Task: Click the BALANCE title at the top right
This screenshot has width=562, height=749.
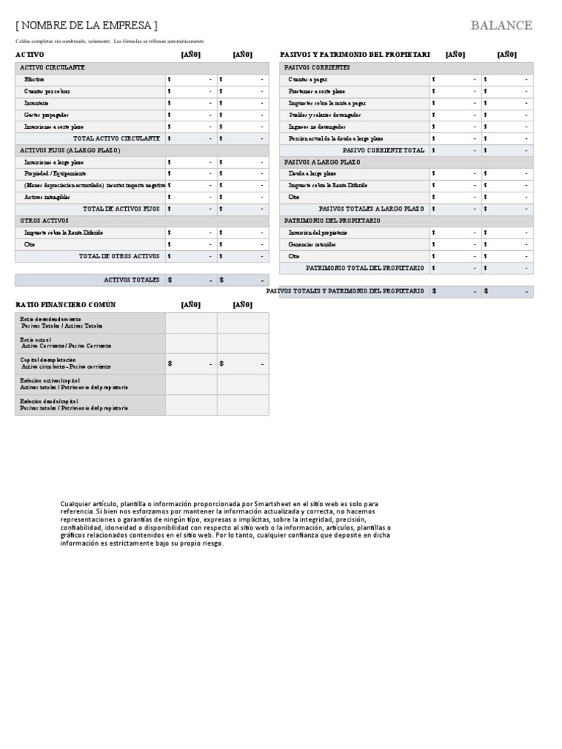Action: pos(501,26)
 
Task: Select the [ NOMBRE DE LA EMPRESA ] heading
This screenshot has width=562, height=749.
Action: pos(86,26)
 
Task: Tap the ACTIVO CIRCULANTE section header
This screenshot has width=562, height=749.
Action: pos(52,67)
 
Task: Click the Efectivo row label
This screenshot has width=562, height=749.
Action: pos(34,79)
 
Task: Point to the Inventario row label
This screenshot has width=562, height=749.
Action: pos(37,103)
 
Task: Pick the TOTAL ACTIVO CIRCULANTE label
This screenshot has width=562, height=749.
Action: pos(116,138)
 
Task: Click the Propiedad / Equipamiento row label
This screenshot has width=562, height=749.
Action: pos(55,173)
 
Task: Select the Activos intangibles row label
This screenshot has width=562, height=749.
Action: pos(48,197)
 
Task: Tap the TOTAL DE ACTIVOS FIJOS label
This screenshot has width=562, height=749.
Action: pos(121,208)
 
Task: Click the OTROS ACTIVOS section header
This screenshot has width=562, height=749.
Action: pos(44,220)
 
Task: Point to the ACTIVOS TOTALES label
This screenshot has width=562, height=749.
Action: pos(132,279)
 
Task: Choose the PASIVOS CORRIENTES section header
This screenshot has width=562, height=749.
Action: pos(317,67)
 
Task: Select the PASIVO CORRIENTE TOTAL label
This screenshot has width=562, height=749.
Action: pos(383,150)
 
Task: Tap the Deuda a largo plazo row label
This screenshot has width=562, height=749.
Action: pos(312,173)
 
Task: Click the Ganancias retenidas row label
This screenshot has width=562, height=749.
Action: pos(312,244)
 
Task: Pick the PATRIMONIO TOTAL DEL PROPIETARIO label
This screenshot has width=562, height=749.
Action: pos(365,268)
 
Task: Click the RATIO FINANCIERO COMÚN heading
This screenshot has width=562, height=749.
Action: pos(66,304)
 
